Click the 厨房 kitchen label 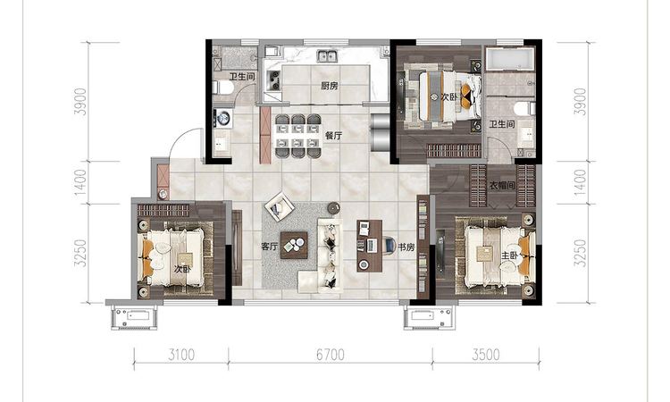click(x=330, y=86)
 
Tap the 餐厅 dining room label click(x=334, y=136)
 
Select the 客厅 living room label click(x=270, y=247)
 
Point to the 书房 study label click(x=406, y=247)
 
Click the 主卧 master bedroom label click(x=509, y=255)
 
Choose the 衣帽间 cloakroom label click(x=502, y=186)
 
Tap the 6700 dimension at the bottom click(x=331, y=355)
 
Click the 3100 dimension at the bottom click(x=181, y=355)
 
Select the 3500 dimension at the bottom click(x=486, y=355)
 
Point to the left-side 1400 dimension click(x=80, y=183)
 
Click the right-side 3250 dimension click(x=580, y=253)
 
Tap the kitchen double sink click(x=327, y=55)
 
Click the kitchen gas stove click(x=273, y=80)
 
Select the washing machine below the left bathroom click(x=222, y=118)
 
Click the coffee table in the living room click(x=294, y=245)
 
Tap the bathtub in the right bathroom click(x=510, y=59)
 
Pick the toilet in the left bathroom click(x=224, y=88)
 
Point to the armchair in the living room click(x=280, y=206)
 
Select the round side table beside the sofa click(x=334, y=207)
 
